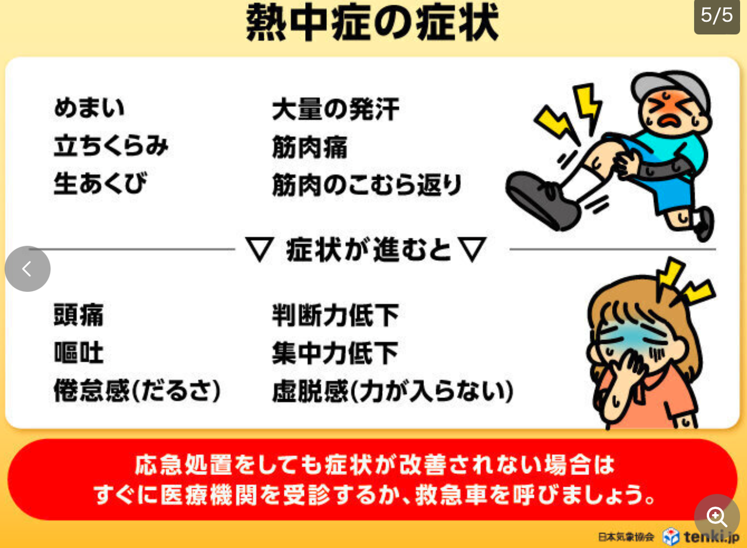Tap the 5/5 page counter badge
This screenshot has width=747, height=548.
pyautogui.click(x=717, y=16)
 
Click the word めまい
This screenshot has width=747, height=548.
pyautogui.click(x=89, y=109)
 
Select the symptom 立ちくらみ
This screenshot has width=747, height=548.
pyautogui.click(x=111, y=146)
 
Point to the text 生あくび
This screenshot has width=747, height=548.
pyautogui.click(x=100, y=183)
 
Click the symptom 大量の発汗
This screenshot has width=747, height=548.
pyautogui.click(x=336, y=109)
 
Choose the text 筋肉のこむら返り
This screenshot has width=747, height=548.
pyautogui.click(x=366, y=185)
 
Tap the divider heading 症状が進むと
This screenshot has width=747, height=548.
pyautogui.click(x=368, y=250)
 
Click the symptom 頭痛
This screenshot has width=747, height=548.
pyautogui.click(x=78, y=315)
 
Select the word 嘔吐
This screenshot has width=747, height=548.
pyautogui.click(x=78, y=352)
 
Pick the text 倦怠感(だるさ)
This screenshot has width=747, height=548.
pyautogui.click(x=137, y=391)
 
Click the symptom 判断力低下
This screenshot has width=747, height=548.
pyautogui.click(x=335, y=316)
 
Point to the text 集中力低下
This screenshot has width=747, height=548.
pyautogui.click(x=335, y=353)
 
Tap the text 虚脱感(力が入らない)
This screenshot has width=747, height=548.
pyautogui.click(x=392, y=392)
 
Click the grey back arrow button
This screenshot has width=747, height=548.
pyautogui.click(x=27, y=268)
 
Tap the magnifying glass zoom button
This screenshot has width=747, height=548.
pyautogui.click(x=717, y=516)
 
